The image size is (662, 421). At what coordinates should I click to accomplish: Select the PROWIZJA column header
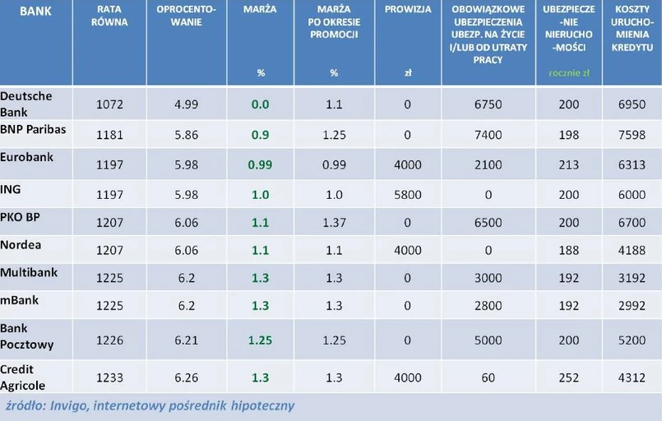pos(408,10)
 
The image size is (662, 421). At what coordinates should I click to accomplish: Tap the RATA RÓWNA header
pos(109,16)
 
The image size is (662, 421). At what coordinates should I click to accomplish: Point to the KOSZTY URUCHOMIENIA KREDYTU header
pos(632,29)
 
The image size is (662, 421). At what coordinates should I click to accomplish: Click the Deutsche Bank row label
pos(26,103)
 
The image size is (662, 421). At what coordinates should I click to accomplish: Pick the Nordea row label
pos(21,244)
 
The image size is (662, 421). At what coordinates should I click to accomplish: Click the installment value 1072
pos(109,105)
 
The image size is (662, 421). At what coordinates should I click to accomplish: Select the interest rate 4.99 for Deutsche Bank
pos(187,105)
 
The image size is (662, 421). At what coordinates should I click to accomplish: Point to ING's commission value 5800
pos(408,195)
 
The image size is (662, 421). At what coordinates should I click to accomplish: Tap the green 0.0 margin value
pos(261,105)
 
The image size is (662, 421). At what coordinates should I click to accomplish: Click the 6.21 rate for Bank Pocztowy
pos(187,340)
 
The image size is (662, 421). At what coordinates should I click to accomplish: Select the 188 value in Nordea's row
pos(567,251)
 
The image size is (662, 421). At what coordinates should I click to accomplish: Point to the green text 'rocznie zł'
pos(568,73)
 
